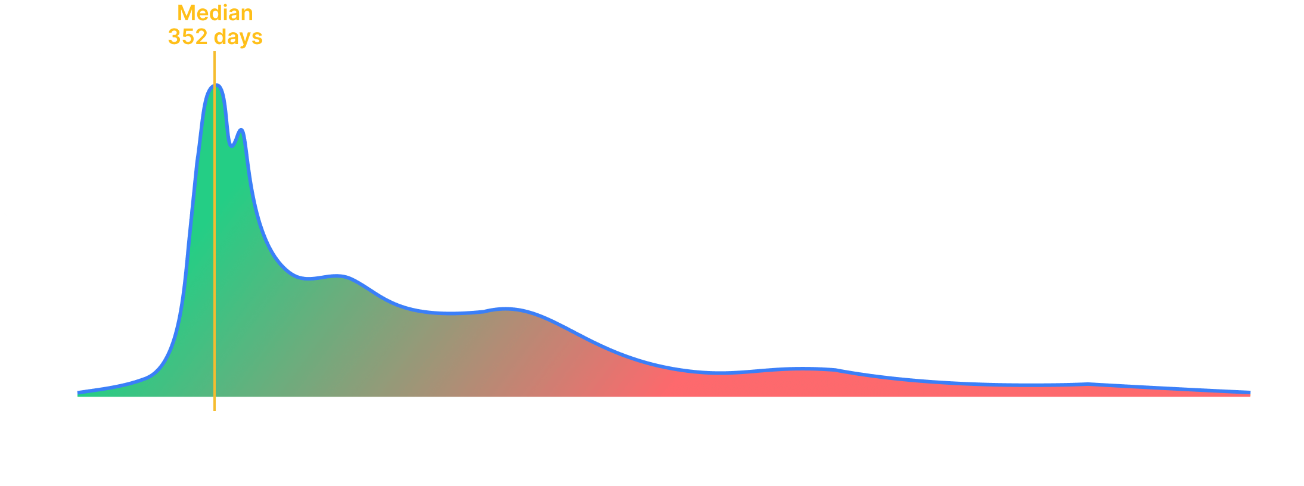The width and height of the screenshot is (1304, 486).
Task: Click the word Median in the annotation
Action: tap(215, 13)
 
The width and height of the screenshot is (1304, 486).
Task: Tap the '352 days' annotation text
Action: tap(215, 37)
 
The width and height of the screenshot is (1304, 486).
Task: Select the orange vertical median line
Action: tap(215, 238)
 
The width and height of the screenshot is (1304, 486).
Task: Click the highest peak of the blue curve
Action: tap(216, 85)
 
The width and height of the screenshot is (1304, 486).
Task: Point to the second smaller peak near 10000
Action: tap(241, 130)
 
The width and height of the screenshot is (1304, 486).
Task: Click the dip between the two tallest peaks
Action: tap(232, 145)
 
